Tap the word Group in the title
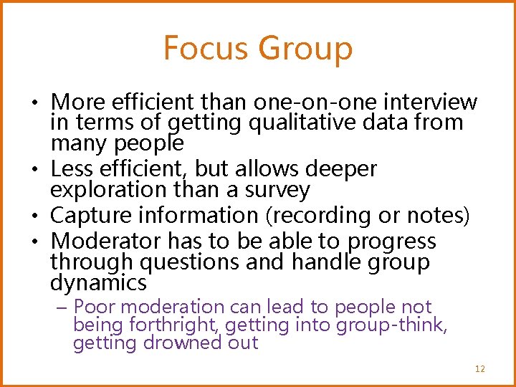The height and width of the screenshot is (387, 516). click(x=306, y=49)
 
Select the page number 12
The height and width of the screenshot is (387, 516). click(x=479, y=369)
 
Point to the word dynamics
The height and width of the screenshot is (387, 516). click(x=98, y=282)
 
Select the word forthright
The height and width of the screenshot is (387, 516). click(x=176, y=325)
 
